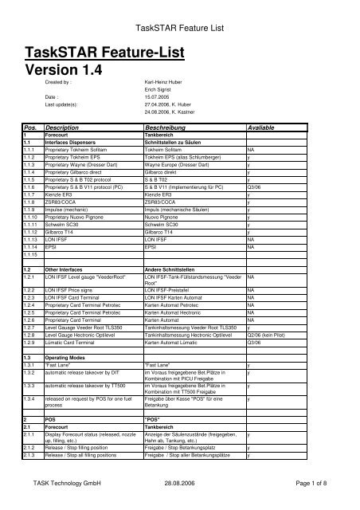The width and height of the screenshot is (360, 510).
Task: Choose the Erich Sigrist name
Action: coord(158,90)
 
